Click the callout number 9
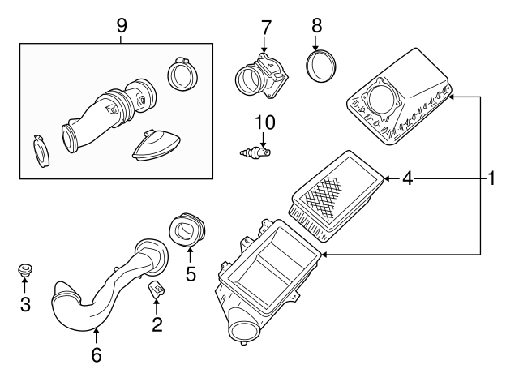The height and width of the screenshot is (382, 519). [x=122, y=25]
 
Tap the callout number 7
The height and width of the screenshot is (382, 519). [x=265, y=26]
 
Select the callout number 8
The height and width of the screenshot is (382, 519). [x=317, y=24]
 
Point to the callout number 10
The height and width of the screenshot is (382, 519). [x=265, y=122]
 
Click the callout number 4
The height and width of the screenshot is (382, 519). [x=409, y=178]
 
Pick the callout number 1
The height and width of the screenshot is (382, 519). [x=491, y=178]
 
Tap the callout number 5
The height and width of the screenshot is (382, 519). [x=191, y=274]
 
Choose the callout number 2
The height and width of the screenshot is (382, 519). [x=157, y=324]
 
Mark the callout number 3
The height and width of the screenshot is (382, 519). [x=24, y=304]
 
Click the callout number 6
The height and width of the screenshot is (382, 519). [x=96, y=354]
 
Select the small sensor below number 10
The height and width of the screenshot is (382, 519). [x=256, y=152]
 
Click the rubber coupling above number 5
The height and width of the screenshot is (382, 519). [x=187, y=230]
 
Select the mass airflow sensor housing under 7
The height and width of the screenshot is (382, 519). [x=261, y=75]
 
